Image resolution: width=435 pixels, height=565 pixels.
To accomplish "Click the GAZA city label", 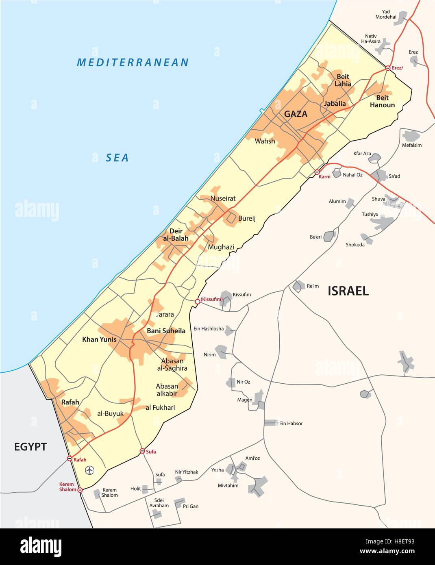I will (296, 114).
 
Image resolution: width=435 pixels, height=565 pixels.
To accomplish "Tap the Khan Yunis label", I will (99, 339).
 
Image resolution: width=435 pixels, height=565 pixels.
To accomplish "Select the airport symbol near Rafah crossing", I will (89, 470).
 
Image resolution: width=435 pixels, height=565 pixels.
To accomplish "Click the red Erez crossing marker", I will (388, 68).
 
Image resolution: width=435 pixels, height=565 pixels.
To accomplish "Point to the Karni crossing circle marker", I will (317, 172).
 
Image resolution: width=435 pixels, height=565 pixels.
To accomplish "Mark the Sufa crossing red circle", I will (142, 451).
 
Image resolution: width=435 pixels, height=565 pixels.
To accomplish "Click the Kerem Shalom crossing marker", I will (80, 490).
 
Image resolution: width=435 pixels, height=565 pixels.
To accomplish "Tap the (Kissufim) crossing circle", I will (198, 301).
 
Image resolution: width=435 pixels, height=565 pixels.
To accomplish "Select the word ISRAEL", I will (348, 291).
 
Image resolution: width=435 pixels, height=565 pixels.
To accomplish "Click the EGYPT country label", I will (30, 447).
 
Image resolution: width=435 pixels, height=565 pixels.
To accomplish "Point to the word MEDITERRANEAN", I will (133, 63).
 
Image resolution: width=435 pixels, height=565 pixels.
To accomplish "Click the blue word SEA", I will (117, 158).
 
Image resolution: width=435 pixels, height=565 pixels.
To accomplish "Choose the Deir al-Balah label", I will (176, 235).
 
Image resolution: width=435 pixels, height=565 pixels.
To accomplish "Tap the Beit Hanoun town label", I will (382, 101).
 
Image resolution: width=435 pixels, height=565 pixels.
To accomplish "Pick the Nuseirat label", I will (223, 199).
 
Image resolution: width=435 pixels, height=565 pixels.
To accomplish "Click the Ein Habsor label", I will (291, 424).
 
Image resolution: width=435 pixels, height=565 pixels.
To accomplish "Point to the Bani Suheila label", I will (166, 331).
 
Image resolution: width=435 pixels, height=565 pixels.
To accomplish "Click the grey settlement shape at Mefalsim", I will (411, 135).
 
